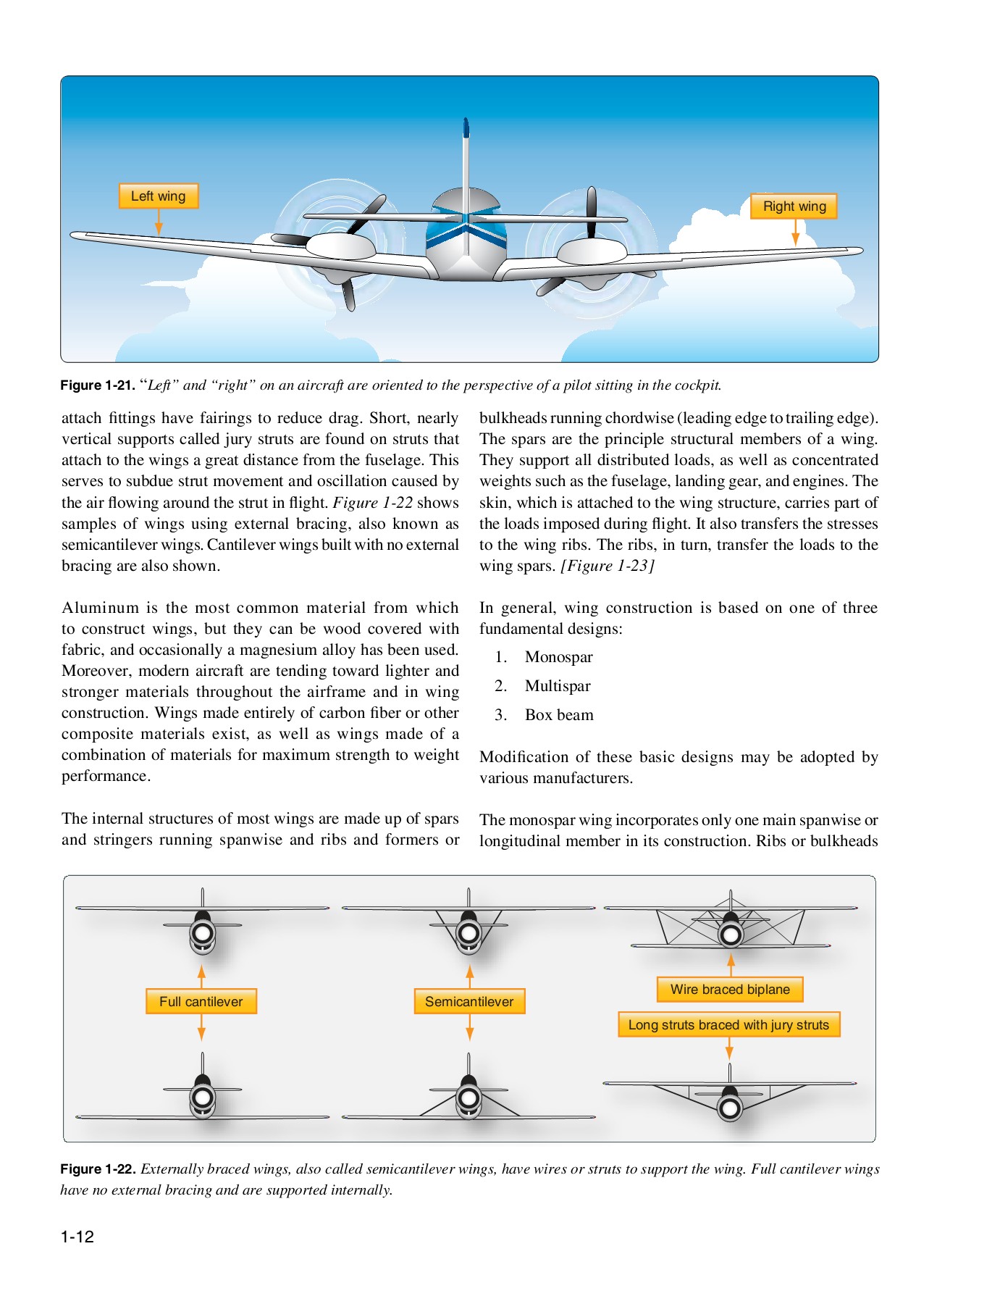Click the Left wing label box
point(158,196)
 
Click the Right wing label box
point(794,206)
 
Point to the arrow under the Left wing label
point(159,221)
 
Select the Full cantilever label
point(201,1002)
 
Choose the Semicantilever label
point(469,1002)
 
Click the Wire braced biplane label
point(729,990)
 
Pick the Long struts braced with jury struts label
point(728,1025)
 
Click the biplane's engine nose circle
point(731,935)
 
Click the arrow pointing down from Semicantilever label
point(469,1028)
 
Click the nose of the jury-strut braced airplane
point(730,1108)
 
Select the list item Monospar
point(558,657)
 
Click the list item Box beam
point(559,715)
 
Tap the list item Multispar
point(558,686)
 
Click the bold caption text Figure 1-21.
point(97,385)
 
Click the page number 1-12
point(77,1237)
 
